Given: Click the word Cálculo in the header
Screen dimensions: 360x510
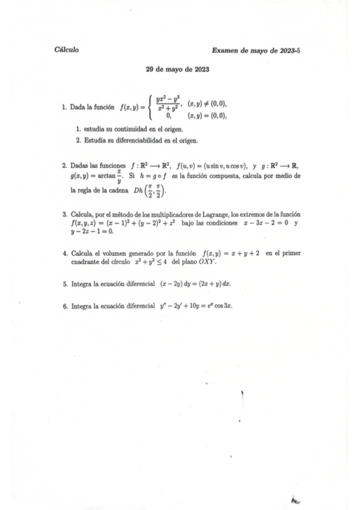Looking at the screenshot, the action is [x=66, y=50].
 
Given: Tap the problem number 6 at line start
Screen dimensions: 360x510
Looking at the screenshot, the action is [x=64, y=306].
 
